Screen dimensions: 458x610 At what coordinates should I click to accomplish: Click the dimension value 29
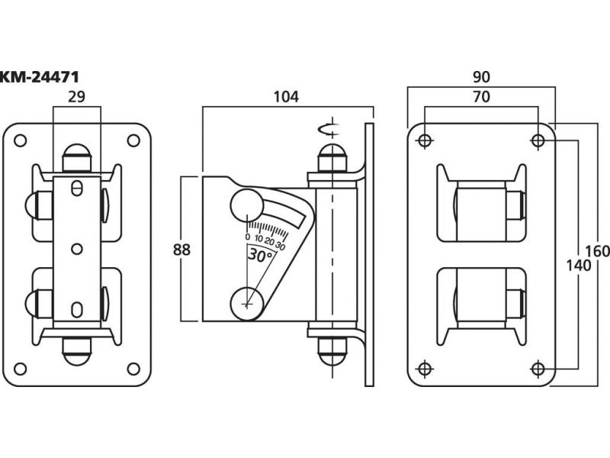pyautogui.click(x=76, y=97)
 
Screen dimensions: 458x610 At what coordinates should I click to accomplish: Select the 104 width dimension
pyautogui.click(x=287, y=97)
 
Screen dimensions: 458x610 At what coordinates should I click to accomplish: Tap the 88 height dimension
pyautogui.click(x=181, y=249)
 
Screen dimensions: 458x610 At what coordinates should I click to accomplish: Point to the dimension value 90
pyautogui.click(x=480, y=77)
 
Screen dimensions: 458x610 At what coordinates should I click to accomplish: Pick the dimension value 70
pyautogui.click(x=480, y=97)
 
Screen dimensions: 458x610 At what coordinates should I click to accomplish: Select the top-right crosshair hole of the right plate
pyautogui.click(x=538, y=140)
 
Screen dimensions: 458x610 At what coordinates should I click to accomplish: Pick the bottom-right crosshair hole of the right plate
pyautogui.click(x=538, y=369)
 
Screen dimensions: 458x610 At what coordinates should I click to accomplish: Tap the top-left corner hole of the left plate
pyautogui.click(x=21, y=140)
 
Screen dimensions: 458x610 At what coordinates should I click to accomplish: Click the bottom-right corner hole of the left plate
pyautogui.click(x=133, y=369)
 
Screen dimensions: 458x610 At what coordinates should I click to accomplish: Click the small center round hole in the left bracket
pyautogui.click(x=76, y=248)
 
